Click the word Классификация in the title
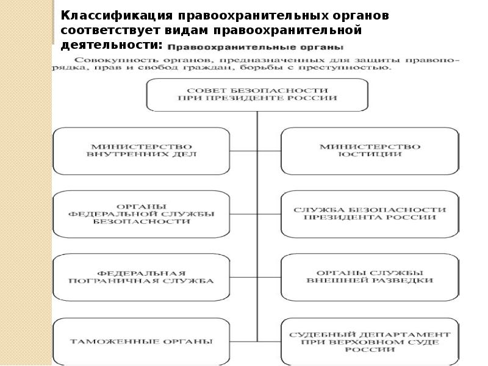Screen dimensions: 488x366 (117, 16)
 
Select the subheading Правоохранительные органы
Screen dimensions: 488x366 (256, 48)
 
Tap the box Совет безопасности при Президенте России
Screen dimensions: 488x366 (257, 95)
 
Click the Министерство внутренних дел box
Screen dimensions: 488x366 (142, 151)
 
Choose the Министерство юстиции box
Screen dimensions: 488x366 (370, 151)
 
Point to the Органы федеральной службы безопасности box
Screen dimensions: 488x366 (142, 214)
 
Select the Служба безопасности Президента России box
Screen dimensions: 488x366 (370, 214)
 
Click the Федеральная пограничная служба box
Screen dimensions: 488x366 (142, 278)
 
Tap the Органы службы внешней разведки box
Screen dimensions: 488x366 (370, 278)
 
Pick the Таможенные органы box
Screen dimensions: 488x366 (142, 342)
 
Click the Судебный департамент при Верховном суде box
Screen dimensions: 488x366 (370, 342)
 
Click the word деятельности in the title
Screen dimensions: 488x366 (110, 45)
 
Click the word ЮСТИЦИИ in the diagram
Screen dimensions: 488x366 (370, 154)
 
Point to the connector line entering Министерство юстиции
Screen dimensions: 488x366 (269, 151)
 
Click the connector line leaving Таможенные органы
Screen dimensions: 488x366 (243, 342)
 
